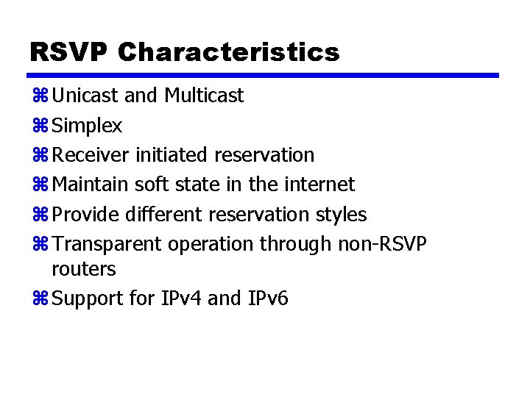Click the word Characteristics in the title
pyautogui.click(x=228, y=52)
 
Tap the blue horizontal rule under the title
pyautogui.click(x=264, y=75)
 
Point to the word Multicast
pyautogui.click(x=204, y=96)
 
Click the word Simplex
pyautogui.click(x=88, y=126)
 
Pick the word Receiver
pyautogui.click(x=92, y=155)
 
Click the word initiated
pyautogui.click(x=172, y=155)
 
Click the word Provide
pyautogui.click(x=86, y=215)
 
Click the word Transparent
pyautogui.click(x=109, y=244)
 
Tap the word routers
pyautogui.click(x=83, y=269)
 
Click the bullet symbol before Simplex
pyautogui.click(x=40, y=126)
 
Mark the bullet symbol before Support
pyautogui.click(x=40, y=298)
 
